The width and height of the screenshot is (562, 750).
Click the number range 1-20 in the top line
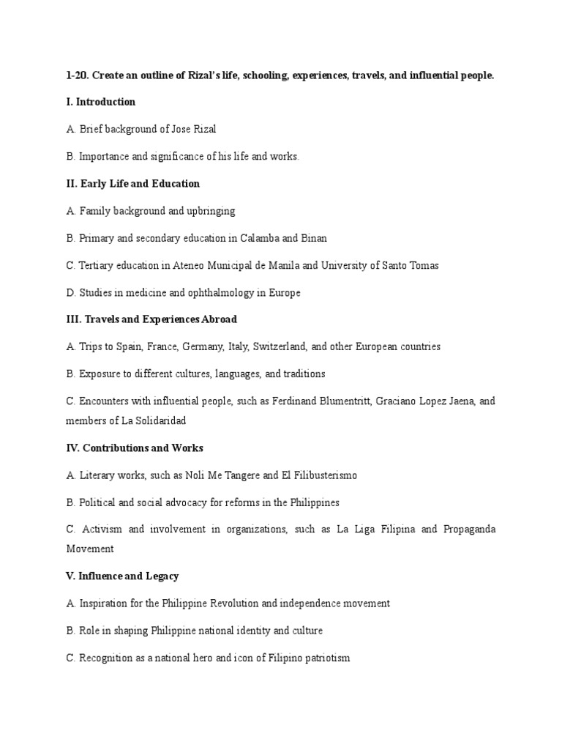(x=75, y=75)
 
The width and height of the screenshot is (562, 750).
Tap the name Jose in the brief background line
(x=181, y=129)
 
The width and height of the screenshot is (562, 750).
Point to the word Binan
(x=315, y=238)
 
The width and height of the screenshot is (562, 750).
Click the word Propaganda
(x=469, y=529)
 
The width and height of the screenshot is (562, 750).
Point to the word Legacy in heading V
(x=162, y=576)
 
